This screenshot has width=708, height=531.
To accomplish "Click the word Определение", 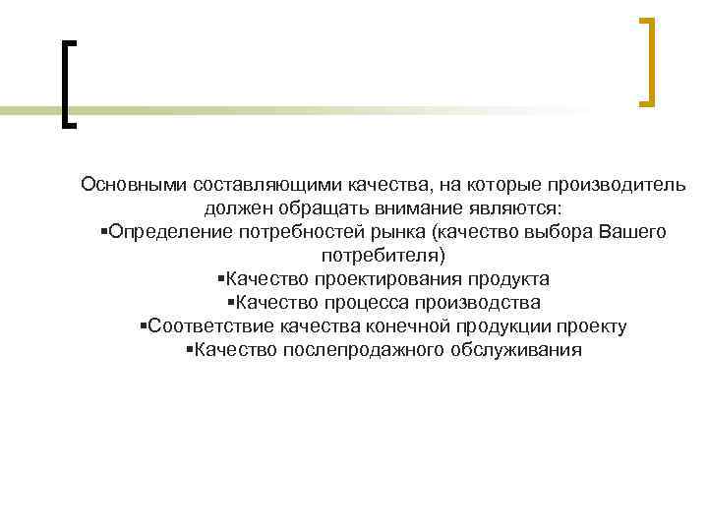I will coord(168,232).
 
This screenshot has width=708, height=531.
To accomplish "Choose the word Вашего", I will coord(631,232).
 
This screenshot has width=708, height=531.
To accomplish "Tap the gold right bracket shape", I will coord(647,61).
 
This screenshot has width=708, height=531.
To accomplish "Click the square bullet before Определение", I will coord(104,232).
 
